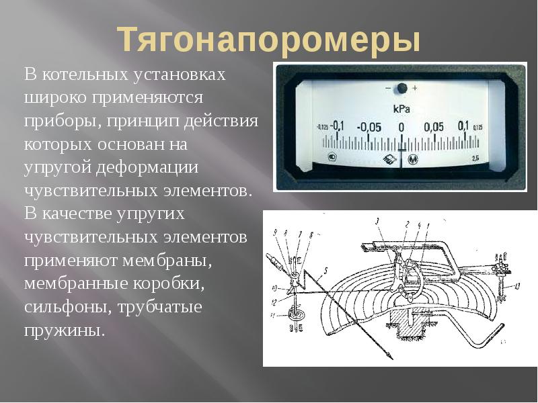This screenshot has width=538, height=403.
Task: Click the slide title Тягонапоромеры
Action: click(269, 40)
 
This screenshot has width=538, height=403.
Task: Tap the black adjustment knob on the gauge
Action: click(401, 88)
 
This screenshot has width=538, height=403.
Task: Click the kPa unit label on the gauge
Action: click(401, 108)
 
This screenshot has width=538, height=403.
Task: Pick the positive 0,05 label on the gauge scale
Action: click(434, 127)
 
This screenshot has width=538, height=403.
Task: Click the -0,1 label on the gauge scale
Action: click(336, 126)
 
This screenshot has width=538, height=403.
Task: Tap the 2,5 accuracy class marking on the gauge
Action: click(475, 158)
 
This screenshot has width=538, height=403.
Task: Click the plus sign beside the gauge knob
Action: click(415, 88)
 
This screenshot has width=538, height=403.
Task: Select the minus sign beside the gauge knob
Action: click(387, 88)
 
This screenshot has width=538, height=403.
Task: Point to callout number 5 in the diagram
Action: click(325, 271)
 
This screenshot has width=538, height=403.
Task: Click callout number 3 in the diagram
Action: click(377, 221)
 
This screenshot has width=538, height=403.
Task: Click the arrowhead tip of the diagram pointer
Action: click(390, 359)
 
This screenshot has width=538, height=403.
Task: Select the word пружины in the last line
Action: click(65, 330)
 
